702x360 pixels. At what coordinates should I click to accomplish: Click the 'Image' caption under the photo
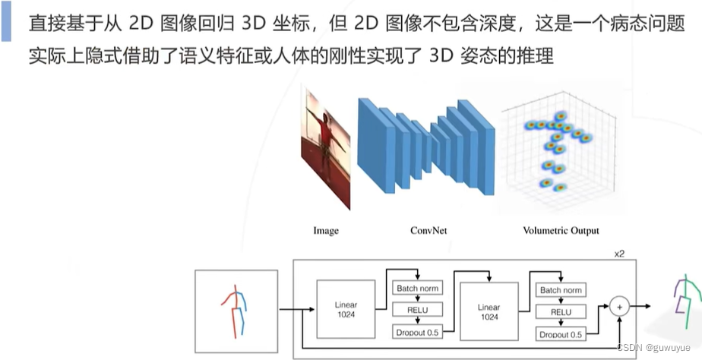(326, 230)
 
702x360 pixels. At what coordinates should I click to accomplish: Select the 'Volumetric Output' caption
(561, 230)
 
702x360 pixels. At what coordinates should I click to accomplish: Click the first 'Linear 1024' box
(346, 310)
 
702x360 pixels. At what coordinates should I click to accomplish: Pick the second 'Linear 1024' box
(489, 310)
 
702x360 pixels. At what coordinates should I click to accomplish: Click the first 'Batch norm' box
(417, 289)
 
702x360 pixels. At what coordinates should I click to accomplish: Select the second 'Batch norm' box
(561, 289)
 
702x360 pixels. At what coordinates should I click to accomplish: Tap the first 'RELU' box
(417, 310)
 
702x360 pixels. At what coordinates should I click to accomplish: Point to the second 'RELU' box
(561, 311)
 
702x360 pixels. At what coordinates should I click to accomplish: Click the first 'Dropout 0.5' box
(417, 332)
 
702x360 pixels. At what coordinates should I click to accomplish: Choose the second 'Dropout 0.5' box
(561, 333)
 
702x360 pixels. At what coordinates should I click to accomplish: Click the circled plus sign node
(620, 307)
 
